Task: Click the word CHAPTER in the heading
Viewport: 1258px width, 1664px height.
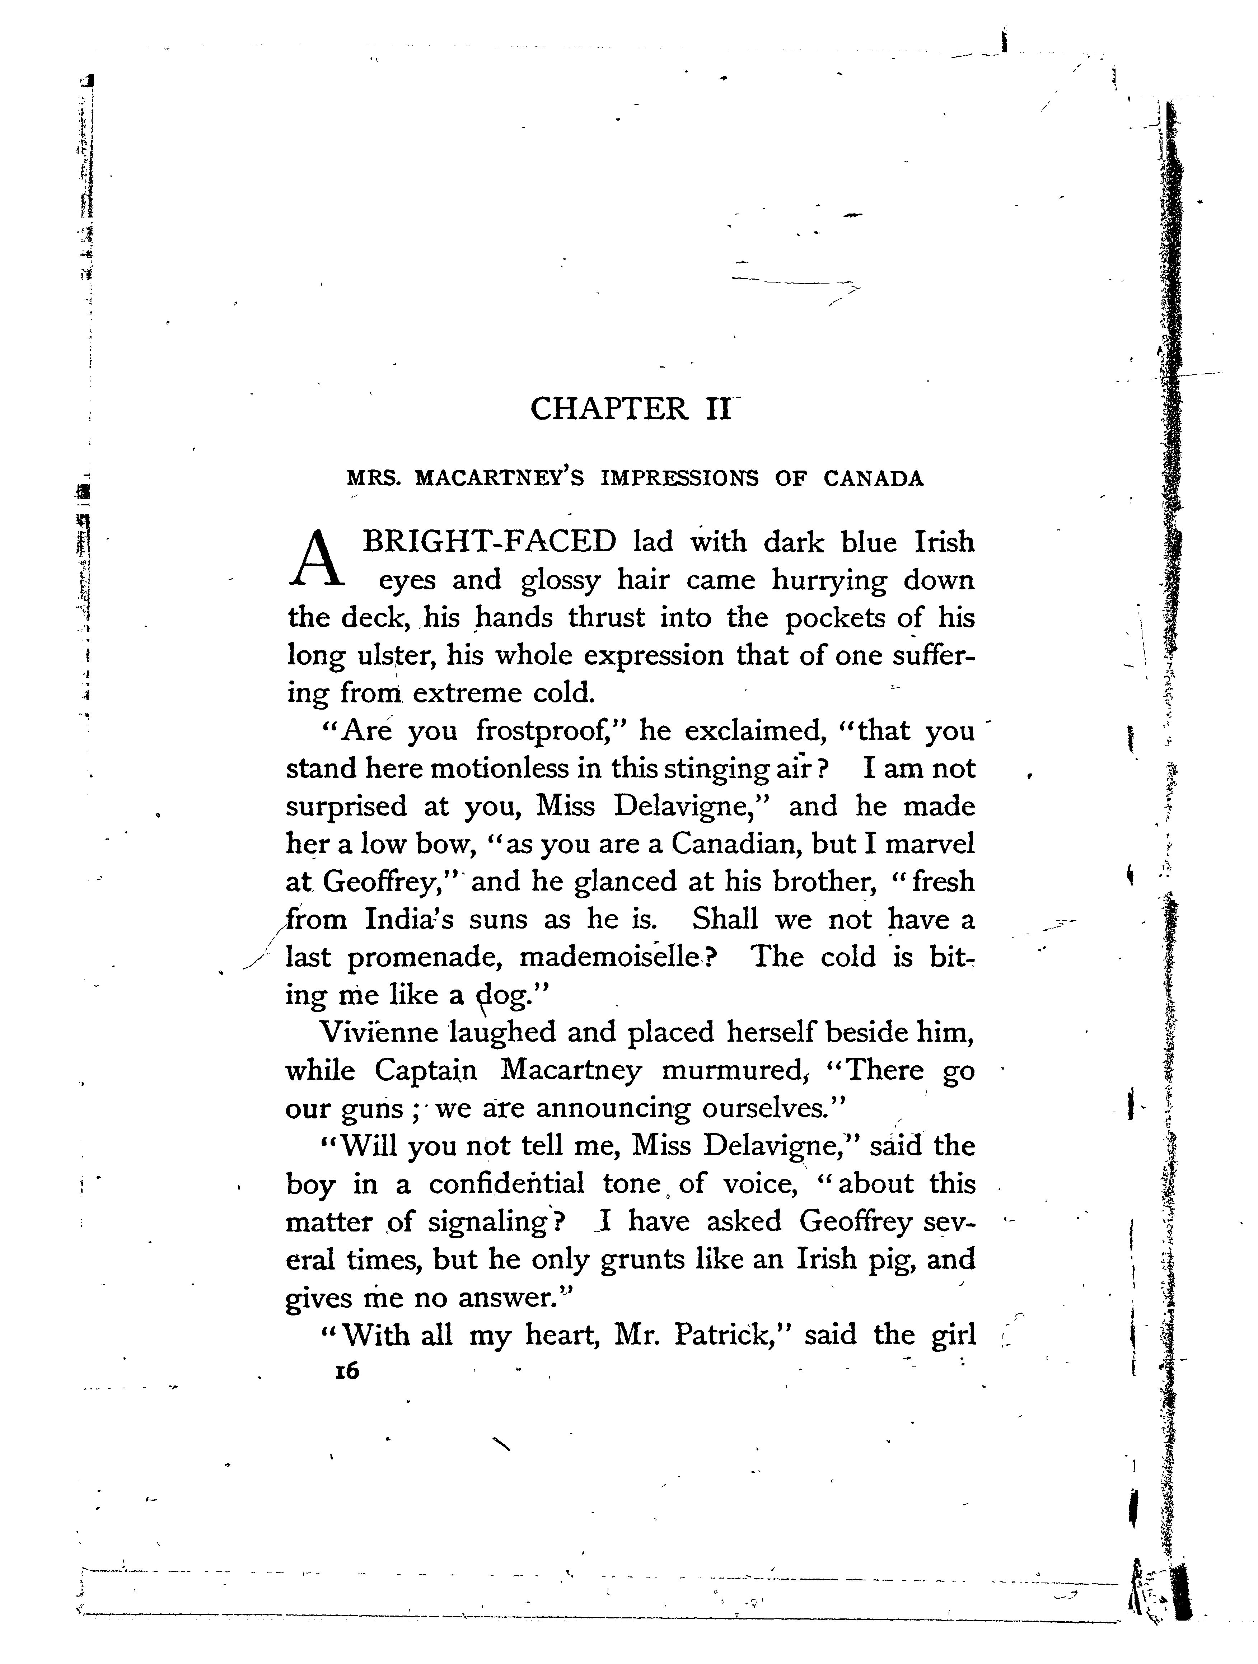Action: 609,409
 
